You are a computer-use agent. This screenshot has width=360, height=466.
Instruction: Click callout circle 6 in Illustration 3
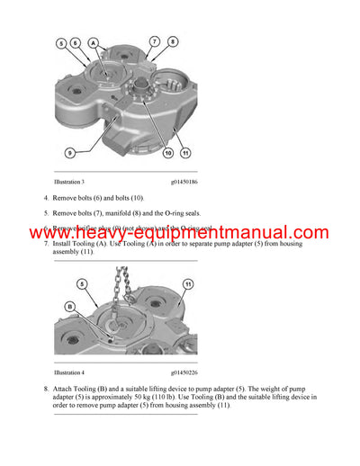click(76, 42)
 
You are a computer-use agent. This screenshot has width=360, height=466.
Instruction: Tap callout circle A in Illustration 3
click(93, 40)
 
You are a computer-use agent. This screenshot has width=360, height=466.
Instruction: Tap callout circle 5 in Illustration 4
click(82, 283)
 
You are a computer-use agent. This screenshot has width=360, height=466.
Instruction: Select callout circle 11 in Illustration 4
click(188, 284)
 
